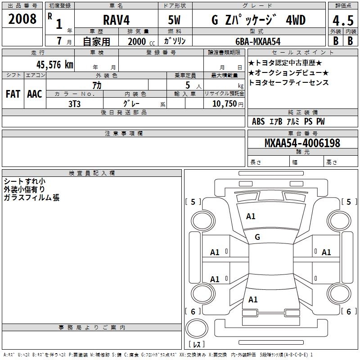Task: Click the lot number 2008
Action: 22,19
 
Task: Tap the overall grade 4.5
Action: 343,20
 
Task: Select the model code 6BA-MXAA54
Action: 258,41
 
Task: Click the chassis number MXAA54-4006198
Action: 302,143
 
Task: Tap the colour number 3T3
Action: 74,103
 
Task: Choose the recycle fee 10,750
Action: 221,103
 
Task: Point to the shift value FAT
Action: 13,94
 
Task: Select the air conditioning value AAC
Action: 35,94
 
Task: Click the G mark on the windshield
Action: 257,237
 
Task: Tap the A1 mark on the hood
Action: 251,216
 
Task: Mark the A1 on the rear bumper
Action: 253,299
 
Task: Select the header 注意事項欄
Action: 123,134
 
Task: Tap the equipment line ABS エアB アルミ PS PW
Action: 288,121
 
